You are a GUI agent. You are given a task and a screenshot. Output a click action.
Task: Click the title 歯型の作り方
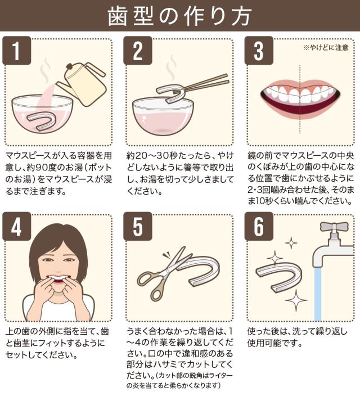pyautogui.click(x=179, y=16)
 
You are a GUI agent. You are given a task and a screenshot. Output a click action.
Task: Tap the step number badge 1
pyautogui.click(x=17, y=50)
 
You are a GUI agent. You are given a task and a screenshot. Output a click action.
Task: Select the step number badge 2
pyautogui.click(x=138, y=50)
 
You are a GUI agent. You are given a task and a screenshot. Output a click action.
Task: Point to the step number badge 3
pyautogui.click(x=259, y=50)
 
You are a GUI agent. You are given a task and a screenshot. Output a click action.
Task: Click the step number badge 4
pyautogui.click(x=17, y=226)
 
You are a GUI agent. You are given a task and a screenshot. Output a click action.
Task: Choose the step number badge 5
pyautogui.click(x=138, y=226)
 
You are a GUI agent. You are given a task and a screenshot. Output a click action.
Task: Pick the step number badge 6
pyautogui.click(x=259, y=226)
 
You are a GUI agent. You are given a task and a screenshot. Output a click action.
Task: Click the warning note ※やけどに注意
pyautogui.click(x=326, y=47)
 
